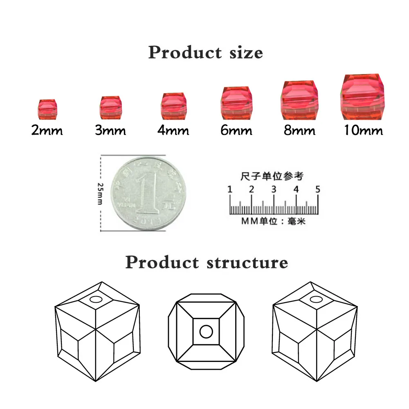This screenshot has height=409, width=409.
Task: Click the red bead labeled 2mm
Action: click(x=47, y=109)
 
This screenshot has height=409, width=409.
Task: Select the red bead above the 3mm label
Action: click(x=110, y=107)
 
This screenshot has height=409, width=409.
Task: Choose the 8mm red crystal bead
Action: click(x=299, y=100)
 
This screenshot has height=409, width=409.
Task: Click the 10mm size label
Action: click(x=363, y=130)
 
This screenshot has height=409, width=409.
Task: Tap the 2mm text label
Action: click(x=47, y=131)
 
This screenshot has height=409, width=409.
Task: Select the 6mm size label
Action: click(x=236, y=130)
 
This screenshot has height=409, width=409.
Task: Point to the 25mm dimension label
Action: click(x=100, y=193)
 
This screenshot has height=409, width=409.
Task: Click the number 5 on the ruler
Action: click(x=318, y=189)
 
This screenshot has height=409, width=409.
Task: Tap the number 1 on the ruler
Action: click(x=230, y=189)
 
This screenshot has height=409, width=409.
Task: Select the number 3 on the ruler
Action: click(x=274, y=189)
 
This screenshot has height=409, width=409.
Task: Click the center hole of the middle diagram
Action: click(x=206, y=331)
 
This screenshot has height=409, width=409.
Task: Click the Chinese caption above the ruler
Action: click(x=272, y=176)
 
